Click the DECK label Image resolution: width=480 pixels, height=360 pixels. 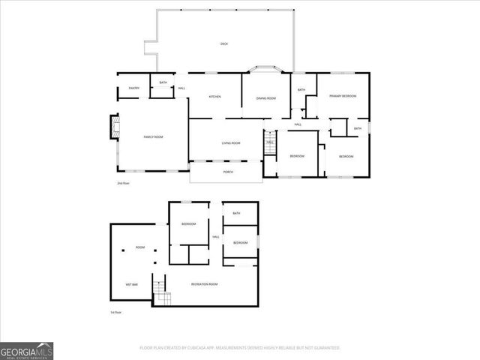223,44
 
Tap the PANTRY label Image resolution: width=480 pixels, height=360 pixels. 134,88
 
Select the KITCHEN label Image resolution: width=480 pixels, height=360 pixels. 214,97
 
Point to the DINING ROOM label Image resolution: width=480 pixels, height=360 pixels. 266,98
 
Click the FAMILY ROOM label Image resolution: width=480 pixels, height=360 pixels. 154,136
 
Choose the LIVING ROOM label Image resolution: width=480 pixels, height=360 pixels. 231,143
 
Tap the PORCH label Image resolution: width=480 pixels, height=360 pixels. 228,172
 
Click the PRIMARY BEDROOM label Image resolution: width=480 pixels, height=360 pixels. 343,97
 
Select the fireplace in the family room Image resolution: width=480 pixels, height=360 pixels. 115,127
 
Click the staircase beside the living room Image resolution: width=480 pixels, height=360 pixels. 271,141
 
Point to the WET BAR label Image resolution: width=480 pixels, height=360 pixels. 132,284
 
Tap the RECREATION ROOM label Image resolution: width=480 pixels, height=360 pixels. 204,284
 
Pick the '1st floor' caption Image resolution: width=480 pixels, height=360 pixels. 115,311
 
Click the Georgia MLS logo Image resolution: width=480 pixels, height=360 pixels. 26,350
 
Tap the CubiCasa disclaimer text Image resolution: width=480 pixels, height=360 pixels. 240,348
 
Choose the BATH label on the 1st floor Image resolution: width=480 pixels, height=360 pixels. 236,214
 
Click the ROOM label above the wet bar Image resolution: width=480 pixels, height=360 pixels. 140,247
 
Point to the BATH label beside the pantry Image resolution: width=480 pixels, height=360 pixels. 163,82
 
